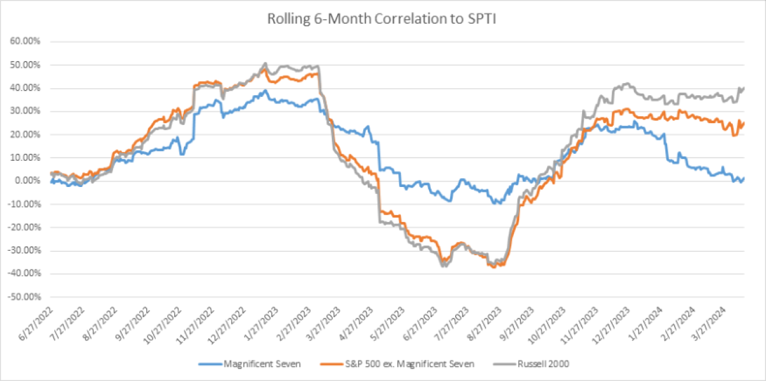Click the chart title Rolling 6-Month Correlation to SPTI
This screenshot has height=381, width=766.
(x=383, y=20)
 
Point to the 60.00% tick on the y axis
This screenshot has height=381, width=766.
(x=24, y=41)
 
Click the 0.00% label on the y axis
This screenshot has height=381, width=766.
(x=26, y=181)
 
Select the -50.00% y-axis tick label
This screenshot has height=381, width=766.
(x=23, y=297)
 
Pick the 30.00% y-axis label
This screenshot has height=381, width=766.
(x=24, y=111)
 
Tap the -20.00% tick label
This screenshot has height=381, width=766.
(x=23, y=227)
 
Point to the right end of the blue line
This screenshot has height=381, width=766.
(x=744, y=178)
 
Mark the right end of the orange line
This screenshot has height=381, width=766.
(x=744, y=123)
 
